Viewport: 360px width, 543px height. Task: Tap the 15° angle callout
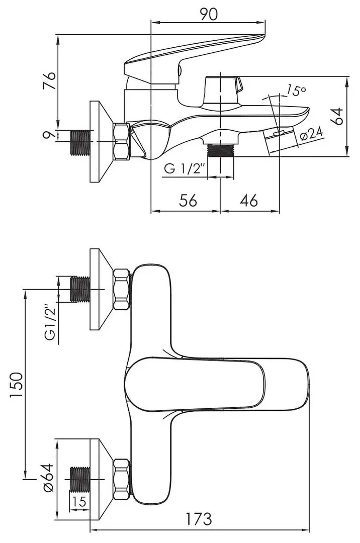click(x=296, y=90)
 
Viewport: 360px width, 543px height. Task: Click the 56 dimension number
click(x=188, y=200)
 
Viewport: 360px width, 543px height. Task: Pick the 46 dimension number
click(x=248, y=200)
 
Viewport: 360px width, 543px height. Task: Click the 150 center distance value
click(x=16, y=385)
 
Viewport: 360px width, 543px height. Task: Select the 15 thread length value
click(x=79, y=501)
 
